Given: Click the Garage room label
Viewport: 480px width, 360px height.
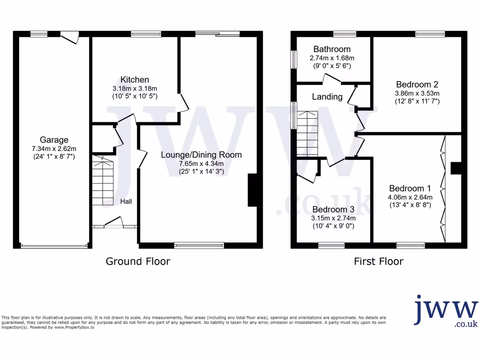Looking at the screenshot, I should coord(54,140).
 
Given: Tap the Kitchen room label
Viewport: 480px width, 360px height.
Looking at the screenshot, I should coord(135,80).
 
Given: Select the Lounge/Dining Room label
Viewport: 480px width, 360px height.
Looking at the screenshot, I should coord(202,155).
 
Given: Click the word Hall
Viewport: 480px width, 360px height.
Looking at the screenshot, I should coord(126,202).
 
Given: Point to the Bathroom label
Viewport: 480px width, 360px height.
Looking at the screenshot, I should coord(332,49).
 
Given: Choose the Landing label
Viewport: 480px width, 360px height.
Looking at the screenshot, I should coord(327,97).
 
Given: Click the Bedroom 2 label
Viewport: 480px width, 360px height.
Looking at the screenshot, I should coord(417,84).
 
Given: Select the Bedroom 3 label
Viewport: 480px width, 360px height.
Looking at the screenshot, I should coord(333,209).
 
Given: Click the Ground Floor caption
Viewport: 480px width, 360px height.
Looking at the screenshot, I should coord(138,261).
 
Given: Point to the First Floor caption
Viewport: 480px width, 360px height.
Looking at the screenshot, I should coord(378,261).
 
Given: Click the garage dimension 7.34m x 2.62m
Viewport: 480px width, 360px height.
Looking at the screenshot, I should coord(54,148).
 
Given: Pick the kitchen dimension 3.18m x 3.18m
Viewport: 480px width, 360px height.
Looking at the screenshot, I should coord(135,88).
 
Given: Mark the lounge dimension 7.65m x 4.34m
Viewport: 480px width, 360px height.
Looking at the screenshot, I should coord(202,164).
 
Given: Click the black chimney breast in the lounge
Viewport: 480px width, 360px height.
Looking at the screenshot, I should coord(252,190).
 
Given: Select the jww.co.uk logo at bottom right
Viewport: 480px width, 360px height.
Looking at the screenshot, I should coord(446,311).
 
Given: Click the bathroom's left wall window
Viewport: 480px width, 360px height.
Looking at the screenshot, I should coord(294,60).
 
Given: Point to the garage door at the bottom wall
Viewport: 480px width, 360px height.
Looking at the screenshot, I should coord(54,245).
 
